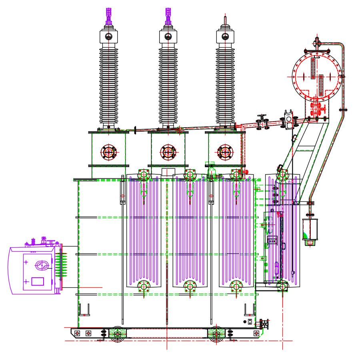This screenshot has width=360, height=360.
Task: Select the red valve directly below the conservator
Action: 317,109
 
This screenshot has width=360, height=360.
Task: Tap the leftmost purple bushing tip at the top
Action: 108,15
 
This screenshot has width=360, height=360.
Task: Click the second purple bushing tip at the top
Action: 168,15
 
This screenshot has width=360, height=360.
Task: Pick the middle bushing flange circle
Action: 168,152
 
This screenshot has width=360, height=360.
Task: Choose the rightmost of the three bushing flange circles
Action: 225,152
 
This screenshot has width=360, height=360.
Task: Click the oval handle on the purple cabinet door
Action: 41,265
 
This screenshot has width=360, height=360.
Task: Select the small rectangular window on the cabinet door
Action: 38,281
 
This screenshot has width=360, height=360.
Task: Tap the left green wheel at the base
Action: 118,333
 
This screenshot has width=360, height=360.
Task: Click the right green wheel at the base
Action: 216,333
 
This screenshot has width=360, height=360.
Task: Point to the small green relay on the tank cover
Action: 212,172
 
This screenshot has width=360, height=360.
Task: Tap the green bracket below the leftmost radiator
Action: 144,287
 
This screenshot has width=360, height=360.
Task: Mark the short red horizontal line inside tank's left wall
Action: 91,287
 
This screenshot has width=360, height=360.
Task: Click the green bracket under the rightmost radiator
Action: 282,287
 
